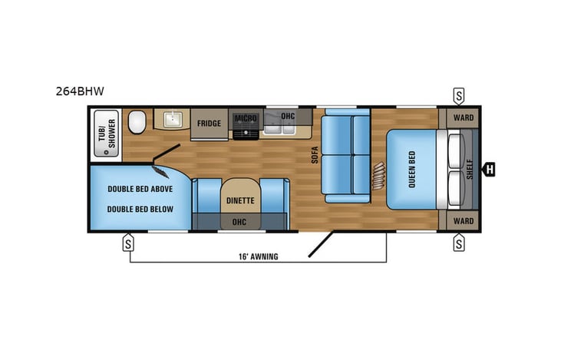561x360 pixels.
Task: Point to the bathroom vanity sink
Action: click(x=170, y=120)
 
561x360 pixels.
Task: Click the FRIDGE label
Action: click(x=209, y=124)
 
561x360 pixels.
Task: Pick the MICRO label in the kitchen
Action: click(x=246, y=119)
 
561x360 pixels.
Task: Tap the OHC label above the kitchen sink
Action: click(x=288, y=117)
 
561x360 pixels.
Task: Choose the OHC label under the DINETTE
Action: click(x=239, y=221)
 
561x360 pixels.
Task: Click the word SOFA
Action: click(x=315, y=155)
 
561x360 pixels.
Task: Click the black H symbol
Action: click(x=489, y=170)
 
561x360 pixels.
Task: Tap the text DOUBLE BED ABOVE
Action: click(x=140, y=189)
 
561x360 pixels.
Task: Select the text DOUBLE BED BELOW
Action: click(x=140, y=209)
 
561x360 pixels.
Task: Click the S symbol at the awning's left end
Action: click(x=129, y=244)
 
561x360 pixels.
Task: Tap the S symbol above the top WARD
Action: click(x=459, y=96)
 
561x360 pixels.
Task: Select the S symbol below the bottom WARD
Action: click(x=459, y=244)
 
